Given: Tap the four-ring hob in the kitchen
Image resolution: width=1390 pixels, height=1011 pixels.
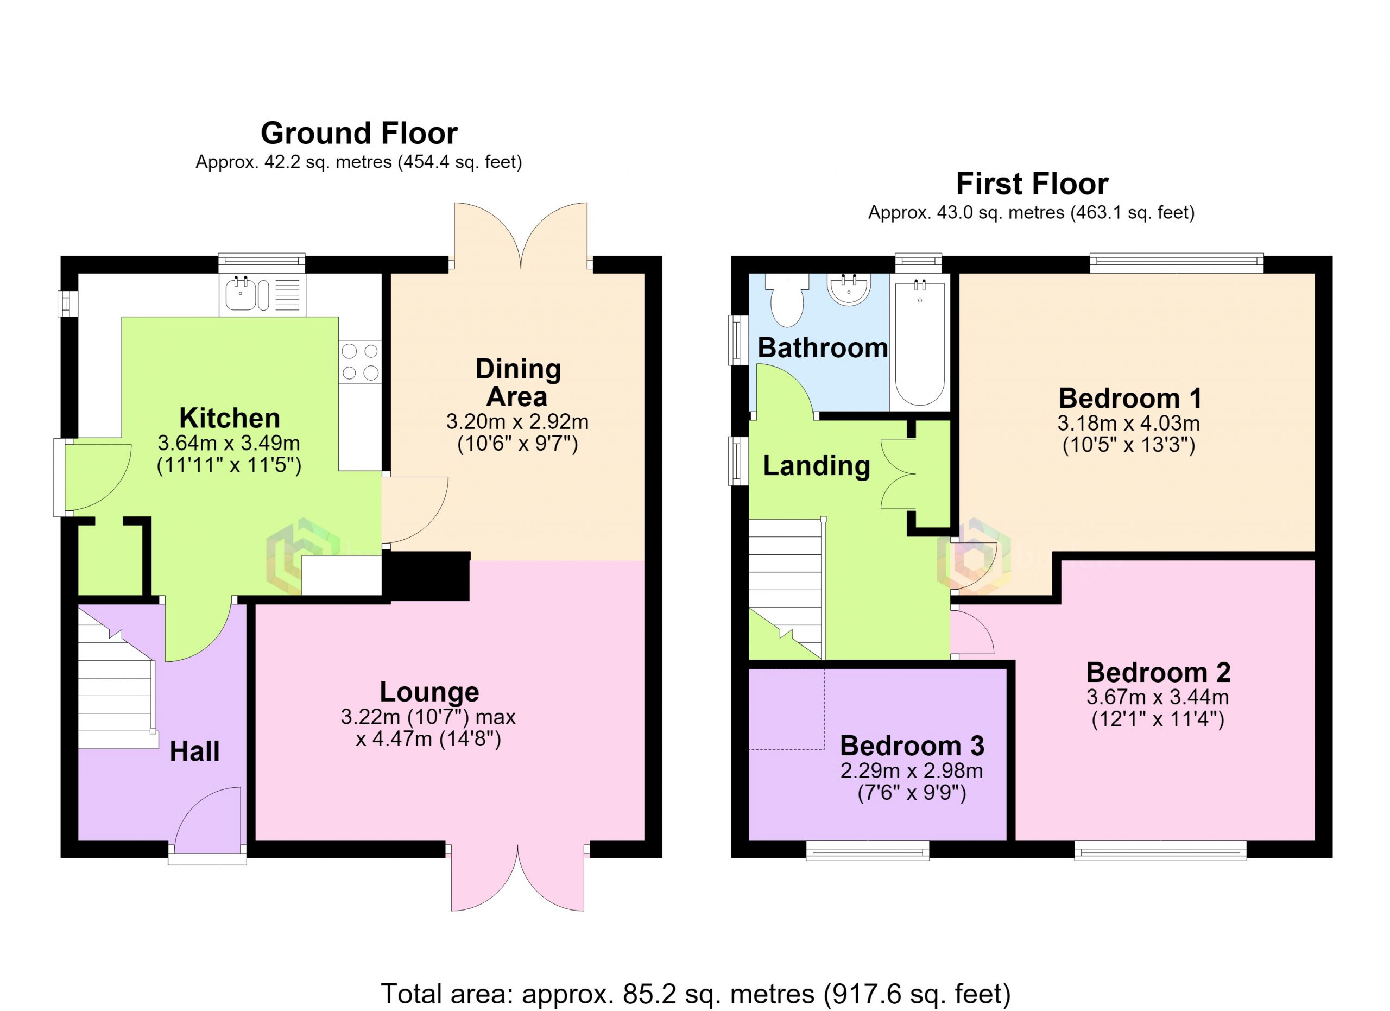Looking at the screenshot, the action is click(x=361, y=362).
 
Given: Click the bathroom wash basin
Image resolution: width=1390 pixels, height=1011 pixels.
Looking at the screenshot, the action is click(x=849, y=289).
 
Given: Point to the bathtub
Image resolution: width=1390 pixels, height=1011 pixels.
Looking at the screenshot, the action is click(x=920, y=342).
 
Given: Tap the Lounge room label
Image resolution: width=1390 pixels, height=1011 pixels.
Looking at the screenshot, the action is click(x=429, y=692).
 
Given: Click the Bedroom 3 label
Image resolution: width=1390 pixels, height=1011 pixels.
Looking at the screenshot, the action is click(x=912, y=745).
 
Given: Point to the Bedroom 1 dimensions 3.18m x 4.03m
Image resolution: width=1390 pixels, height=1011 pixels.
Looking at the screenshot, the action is click(x=1128, y=423).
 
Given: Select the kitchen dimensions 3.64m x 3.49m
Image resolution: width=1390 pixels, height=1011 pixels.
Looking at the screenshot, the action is click(x=229, y=443).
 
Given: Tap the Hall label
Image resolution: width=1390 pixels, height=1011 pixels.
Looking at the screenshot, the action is click(x=194, y=751).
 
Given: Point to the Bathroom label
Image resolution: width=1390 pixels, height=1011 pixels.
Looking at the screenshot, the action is click(x=823, y=348).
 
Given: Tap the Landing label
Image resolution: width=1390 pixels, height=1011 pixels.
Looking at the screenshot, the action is click(x=816, y=466).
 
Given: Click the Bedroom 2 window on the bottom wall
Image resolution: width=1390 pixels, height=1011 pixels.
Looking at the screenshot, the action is click(x=1160, y=850).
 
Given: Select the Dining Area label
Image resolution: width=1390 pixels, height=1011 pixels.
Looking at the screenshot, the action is click(x=518, y=382).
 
